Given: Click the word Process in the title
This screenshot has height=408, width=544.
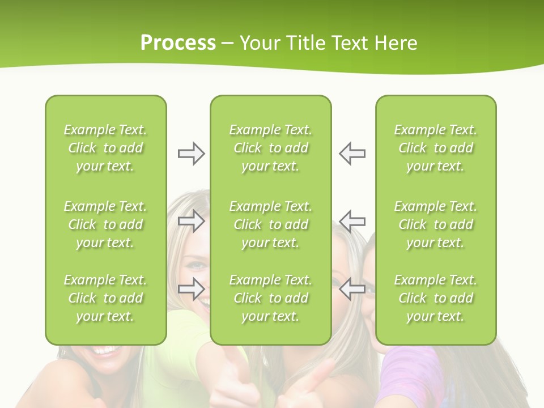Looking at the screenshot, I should [x=178, y=43].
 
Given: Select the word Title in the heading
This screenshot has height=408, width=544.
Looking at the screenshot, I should [x=308, y=43].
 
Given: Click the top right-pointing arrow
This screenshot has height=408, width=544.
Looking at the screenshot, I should [x=191, y=154].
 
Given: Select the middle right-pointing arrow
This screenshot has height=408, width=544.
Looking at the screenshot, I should [x=191, y=221].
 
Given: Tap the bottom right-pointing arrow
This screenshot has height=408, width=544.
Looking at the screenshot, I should [x=191, y=289].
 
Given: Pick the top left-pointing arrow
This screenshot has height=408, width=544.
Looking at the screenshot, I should [x=352, y=154].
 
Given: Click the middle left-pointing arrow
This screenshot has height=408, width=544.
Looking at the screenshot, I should [x=352, y=221].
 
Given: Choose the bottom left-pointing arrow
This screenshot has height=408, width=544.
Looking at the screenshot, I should [x=352, y=289].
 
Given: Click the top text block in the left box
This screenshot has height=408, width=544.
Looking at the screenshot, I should [x=105, y=148].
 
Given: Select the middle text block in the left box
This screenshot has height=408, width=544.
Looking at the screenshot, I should [x=105, y=224].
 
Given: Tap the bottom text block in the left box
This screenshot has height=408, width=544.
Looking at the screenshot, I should [x=105, y=298].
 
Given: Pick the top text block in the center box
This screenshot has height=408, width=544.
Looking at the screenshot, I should [x=270, y=148].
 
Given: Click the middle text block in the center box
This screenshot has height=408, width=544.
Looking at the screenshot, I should [x=270, y=224].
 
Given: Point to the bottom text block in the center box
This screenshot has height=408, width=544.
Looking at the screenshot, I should [x=270, y=298].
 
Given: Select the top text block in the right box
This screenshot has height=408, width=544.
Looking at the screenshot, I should [x=436, y=148].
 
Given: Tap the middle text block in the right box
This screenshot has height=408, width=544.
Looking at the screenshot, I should [x=436, y=224].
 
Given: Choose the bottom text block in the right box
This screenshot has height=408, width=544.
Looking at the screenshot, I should [x=436, y=298].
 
